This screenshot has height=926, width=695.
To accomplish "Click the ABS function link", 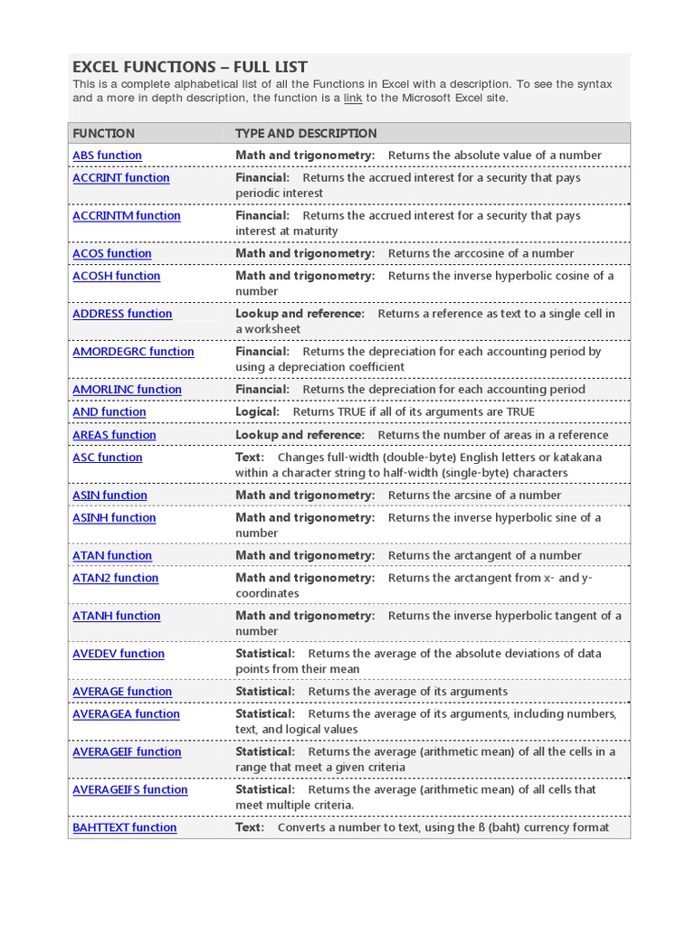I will (107, 156).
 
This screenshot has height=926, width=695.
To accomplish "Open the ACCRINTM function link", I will (126, 216).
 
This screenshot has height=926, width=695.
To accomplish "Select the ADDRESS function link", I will (122, 314).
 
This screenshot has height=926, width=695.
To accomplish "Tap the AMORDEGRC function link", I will (133, 352).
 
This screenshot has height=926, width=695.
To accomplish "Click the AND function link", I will (109, 412).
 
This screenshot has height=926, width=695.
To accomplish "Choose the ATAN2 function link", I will (115, 579).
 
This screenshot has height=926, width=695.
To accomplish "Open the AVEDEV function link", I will (119, 654).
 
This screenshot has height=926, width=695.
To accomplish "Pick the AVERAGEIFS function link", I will (129, 790).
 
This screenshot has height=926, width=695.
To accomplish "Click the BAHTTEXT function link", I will (124, 828).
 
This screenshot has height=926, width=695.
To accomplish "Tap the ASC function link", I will (107, 458).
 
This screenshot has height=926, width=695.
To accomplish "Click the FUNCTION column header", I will (103, 133).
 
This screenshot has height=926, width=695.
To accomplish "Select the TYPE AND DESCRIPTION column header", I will (306, 133).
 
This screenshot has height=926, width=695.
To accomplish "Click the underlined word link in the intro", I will (354, 98).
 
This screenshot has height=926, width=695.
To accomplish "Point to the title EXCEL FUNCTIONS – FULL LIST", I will (190, 67).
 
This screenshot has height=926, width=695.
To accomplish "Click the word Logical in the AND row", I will (257, 412).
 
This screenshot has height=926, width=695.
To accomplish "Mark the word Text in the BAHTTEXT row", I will (249, 828).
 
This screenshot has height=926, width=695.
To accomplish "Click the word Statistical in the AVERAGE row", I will (264, 692).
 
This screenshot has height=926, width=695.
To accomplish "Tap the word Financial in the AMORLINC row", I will (262, 390).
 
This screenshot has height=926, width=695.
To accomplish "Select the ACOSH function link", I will (116, 277).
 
